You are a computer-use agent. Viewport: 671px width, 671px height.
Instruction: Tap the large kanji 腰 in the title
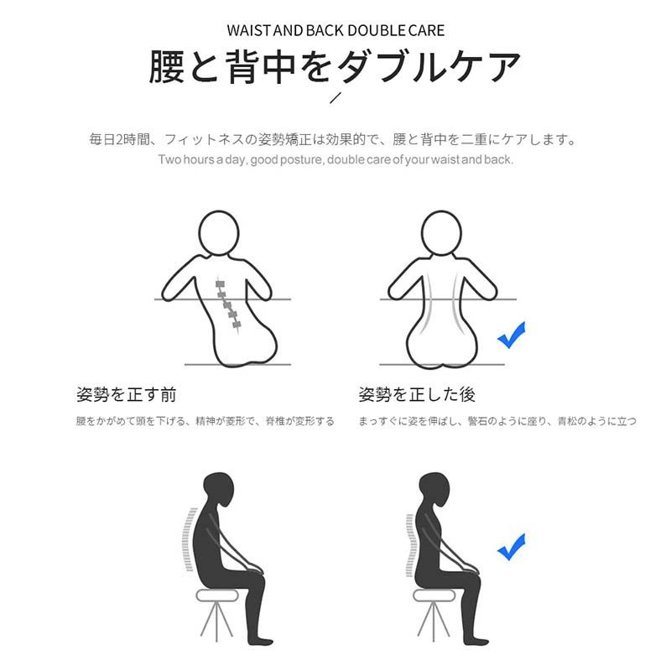[167, 66]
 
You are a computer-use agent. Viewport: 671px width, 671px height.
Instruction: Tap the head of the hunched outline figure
[218, 234]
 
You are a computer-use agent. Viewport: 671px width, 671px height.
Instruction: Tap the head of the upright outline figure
[442, 234]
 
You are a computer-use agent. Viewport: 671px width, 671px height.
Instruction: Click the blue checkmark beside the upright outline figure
[512, 335]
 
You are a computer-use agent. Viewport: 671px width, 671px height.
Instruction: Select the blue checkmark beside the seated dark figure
[512, 547]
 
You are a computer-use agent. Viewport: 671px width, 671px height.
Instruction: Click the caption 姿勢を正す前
[127, 394]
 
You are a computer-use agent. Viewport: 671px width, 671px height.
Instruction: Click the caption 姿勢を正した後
[417, 394]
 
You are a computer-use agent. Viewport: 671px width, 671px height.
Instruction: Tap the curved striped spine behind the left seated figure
[190, 539]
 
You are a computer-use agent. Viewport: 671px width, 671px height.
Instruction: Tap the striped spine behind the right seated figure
[410, 544]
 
